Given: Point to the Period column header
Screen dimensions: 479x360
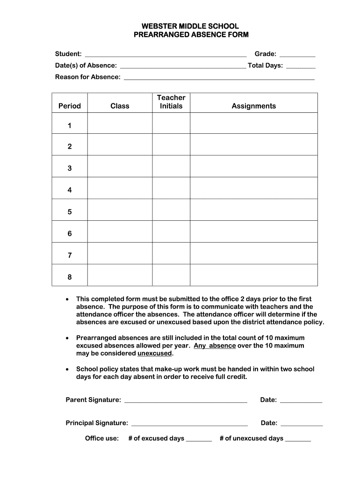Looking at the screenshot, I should point(70,106).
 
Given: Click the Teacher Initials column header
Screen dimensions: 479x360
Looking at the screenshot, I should point(171,102).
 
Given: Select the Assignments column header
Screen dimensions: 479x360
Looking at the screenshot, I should point(254,106).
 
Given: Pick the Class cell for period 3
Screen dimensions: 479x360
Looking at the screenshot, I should point(120,166).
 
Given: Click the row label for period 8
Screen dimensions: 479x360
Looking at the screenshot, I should point(70,277).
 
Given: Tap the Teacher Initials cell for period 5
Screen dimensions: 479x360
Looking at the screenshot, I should point(171,210).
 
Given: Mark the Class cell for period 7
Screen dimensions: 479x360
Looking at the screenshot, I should point(120,253).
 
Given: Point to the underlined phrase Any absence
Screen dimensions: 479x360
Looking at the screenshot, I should point(215,346).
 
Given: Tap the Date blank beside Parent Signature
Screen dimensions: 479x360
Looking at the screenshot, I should point(301,401).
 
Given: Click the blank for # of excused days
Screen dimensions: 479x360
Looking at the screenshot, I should point(199,440).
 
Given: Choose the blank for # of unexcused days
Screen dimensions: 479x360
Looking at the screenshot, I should point(298,440).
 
